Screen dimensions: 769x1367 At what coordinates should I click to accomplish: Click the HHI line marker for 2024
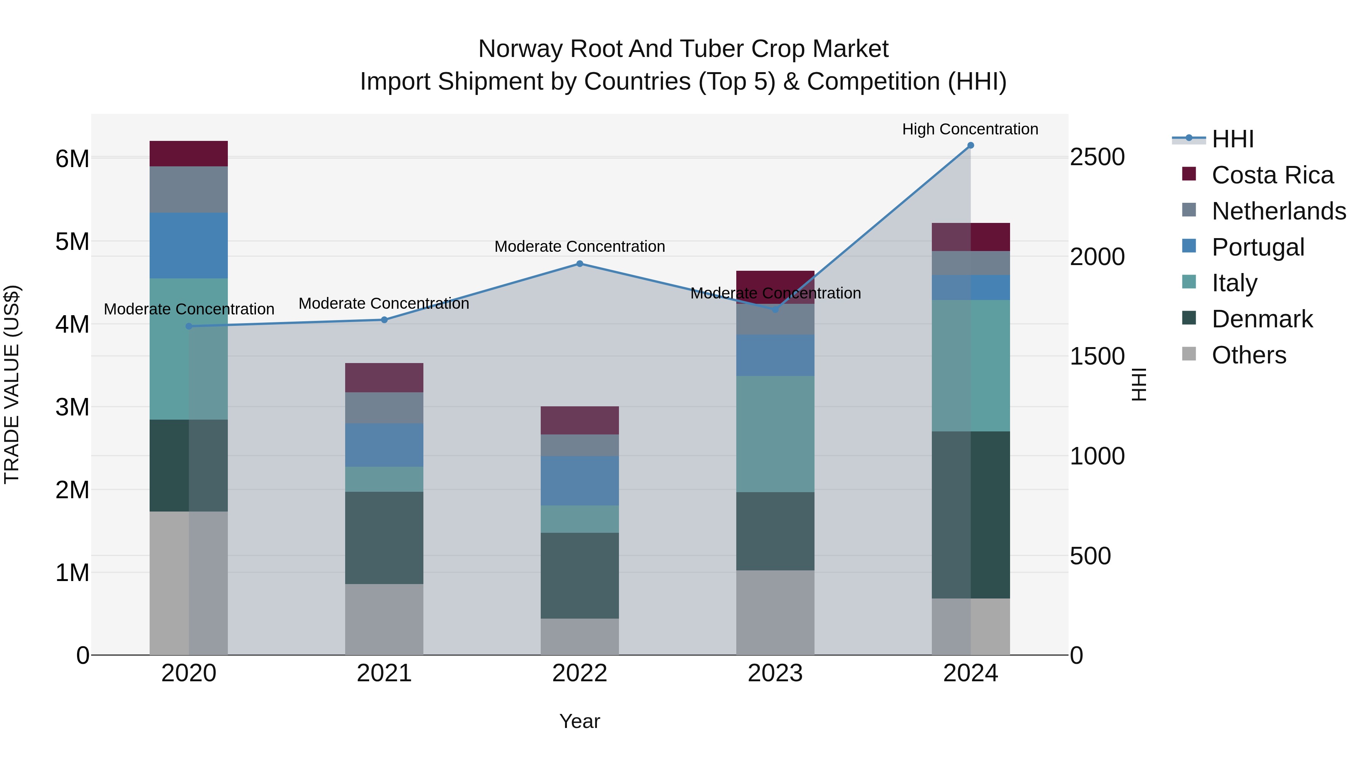point(971,145)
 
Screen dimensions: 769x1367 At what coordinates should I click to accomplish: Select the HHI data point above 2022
point(579,264)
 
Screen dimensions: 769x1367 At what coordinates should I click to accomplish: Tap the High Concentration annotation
point(970,129)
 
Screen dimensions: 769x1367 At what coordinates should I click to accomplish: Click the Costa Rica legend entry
point(1272,175)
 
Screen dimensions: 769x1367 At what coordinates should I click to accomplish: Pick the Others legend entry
point(1249,355)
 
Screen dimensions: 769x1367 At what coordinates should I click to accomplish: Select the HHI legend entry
point(1232,139)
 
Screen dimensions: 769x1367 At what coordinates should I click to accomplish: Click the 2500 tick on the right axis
point(1097,158)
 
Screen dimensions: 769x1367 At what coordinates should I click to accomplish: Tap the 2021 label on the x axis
point(384,673)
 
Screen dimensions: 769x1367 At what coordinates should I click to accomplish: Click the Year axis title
point(579,721)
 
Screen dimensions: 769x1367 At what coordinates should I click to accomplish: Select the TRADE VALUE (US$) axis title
point(12,384)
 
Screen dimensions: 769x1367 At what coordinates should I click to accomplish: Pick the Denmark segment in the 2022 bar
point(579,575)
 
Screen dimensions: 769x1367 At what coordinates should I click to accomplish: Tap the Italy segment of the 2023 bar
point(775,434)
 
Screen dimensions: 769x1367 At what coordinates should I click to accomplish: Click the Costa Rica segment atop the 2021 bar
point(384,378)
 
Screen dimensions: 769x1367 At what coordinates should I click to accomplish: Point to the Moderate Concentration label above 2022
point(579,247)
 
